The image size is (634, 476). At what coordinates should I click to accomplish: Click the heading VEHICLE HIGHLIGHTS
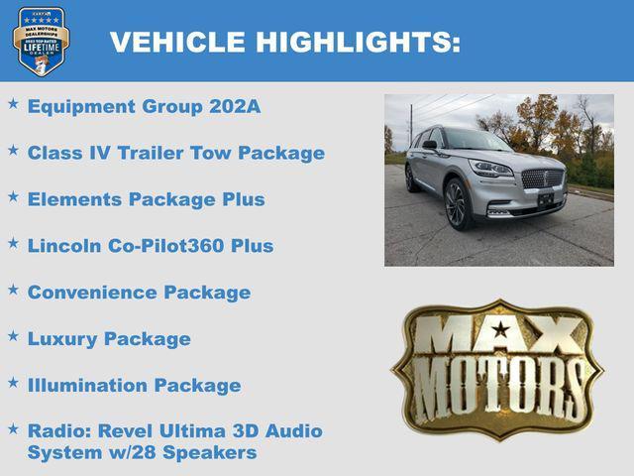(x=285, y=42)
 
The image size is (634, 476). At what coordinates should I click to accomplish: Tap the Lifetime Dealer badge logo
(x=41, y=41)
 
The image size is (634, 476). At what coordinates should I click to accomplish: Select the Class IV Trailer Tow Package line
(x=176, y=154)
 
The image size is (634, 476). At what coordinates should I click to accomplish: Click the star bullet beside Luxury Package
(x=13, y=337)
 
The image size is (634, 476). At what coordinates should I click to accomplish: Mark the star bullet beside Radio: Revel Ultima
(x=13, y=429)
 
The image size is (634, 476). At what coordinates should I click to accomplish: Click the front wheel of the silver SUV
(x=456, y=204)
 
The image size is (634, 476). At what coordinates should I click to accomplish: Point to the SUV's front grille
(x=542, y=178)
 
